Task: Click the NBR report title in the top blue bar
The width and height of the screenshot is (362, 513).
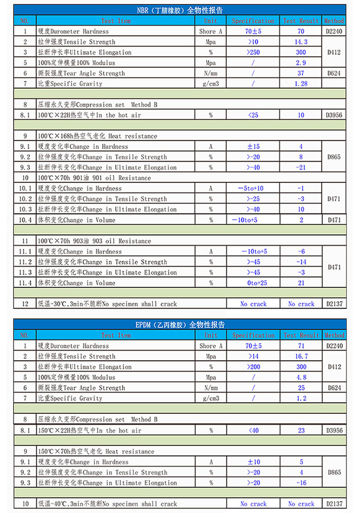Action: (180, 10)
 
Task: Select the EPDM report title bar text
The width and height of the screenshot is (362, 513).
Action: (180, 324)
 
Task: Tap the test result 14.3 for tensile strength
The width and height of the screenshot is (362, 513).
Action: (301, 42)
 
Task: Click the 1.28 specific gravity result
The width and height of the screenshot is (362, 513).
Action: (301, 84)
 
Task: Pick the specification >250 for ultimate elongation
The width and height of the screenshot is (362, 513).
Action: (253, 52)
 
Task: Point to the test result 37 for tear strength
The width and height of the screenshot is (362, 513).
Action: (301, 73)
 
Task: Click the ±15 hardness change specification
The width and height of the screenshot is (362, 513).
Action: (253, 147)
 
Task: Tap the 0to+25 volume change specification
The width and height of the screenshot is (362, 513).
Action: (253, 283)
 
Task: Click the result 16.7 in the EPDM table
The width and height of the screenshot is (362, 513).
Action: (301, 356)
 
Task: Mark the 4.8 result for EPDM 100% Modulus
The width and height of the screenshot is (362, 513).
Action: (301, 378)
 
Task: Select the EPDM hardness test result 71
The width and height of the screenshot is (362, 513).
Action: (301, 346)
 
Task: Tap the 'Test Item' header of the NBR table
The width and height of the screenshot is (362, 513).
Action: (116, 21)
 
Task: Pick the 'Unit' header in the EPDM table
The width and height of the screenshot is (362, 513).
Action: (210, 335)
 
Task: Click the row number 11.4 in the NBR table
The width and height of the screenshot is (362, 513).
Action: (25, 283)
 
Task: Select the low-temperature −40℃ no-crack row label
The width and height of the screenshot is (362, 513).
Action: (107, 504)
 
